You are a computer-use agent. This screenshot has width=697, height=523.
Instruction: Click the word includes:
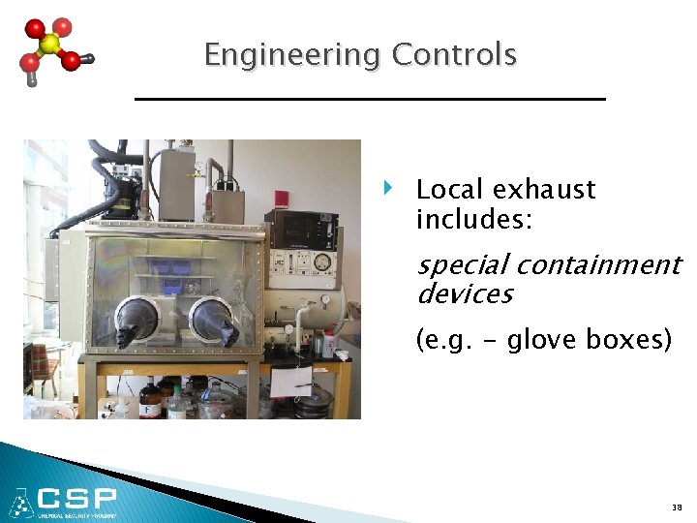(473, 220)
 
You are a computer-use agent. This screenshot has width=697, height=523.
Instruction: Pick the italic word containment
(597, 264)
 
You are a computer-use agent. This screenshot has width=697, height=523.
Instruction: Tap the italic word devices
(465, 293)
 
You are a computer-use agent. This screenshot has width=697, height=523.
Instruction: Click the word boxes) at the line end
(629, 340)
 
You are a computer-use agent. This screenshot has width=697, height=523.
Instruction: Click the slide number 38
(675, 507)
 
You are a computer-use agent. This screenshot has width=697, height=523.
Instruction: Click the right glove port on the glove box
(212, 320)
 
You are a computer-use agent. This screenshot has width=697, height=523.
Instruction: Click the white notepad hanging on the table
(289, 383)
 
